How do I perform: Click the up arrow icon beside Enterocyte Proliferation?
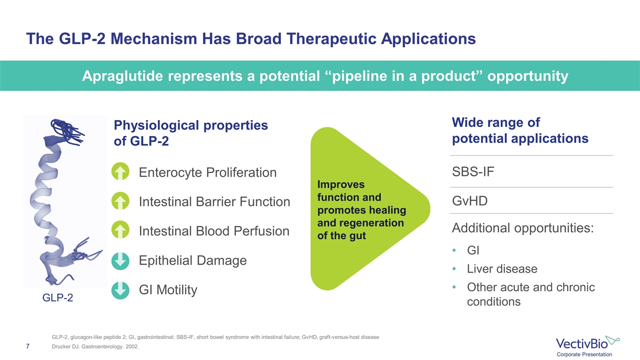click(x=120, y=171)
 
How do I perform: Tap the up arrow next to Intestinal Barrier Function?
click(x=120, y=200)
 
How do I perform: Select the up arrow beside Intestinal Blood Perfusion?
click(x=120, y=229)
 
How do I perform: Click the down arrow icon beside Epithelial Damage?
click(x=120, y=261)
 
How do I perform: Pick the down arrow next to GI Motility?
click(x=120, y=290)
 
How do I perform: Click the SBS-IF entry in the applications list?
click(x=473, y=171)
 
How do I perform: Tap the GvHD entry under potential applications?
click(x=469, y=201)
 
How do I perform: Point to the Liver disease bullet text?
click(x=502, y=269)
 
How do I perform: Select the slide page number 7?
click(x=27, y=346)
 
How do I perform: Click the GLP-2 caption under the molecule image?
click(x=57, y=297)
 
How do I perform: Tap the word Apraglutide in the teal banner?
click(x=122, y=76)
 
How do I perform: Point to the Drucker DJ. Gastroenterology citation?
click(x=95, y=346)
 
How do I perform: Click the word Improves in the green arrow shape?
click(x=341, y=184)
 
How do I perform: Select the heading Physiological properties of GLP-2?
click(x=191, y=133)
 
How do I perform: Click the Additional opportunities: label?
click(x=523, y=228)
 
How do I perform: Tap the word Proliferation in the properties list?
click(x=241, y=172)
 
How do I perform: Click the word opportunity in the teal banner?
click(x=527, y=76)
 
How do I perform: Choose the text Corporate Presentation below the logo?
click(x=584, y=354)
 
